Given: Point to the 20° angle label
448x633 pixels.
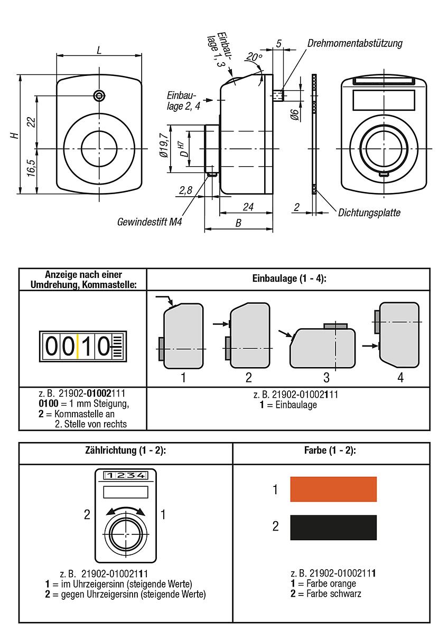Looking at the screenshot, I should pyautogui.click(x=254, y=57).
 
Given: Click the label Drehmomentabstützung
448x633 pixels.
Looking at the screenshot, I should pyautogui.click(x=354, y=43).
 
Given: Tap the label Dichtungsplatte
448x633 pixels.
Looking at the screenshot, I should pyautogui.click(x=369, y=213).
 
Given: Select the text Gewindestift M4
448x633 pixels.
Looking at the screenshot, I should pyautogui.click(x=150, y=222).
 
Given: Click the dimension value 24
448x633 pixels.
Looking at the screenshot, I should pyautogui.click(x=248, y=207).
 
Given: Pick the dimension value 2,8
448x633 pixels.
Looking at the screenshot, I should pyautogui.click(x=185, y=191).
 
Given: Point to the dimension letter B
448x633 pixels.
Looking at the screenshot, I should pyautogui.click(x=238, y=223).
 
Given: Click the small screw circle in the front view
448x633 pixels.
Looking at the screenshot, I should pyautogui.click(x=99, y=95).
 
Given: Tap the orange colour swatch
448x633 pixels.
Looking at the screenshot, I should pyautogui.click(x=333, y=489).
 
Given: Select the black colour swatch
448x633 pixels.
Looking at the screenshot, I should pyautogui.click(x=333, y=527).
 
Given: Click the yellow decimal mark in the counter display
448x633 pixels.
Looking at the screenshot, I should pyautogui.click(x=78, y=347).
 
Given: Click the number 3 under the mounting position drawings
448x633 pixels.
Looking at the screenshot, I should pyautogui.click(x=326, y=377).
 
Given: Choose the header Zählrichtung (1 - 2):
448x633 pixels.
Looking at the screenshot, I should pyautogui.click(x=126, y=451).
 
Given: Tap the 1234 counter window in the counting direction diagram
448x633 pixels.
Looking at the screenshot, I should pyautogui.click(x=126, y=475).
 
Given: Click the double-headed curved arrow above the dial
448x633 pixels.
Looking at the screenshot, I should pyautogui.click(x=126, y=510).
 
